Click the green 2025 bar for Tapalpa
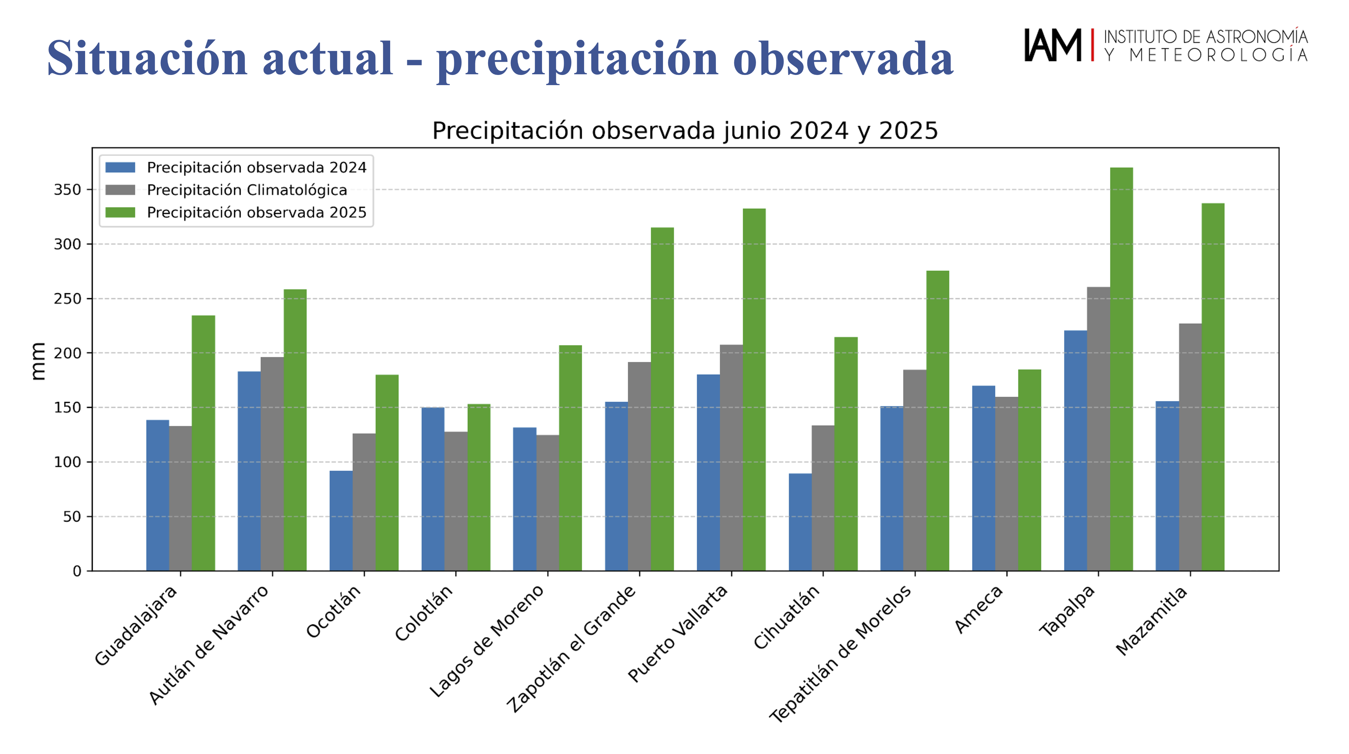click(1121, 369)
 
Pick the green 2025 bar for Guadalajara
click(203, 443)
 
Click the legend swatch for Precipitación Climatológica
click(120, 190)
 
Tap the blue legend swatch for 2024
click(120, 167)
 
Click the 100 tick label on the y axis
click(68, 462)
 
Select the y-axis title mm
click(38, 361)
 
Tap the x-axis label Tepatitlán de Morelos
click(840, 654)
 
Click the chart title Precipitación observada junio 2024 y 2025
click(684, 130)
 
